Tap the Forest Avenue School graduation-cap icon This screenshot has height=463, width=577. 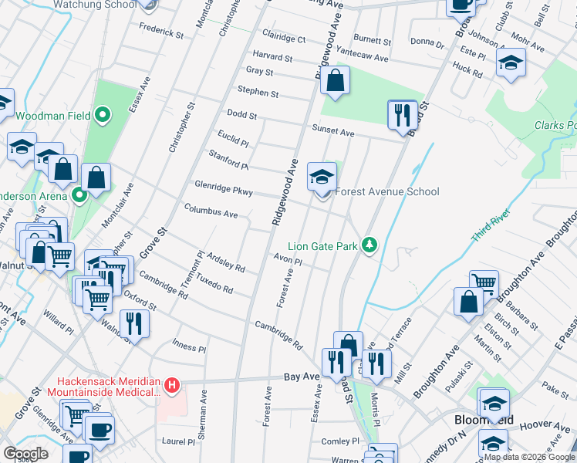(322, 177)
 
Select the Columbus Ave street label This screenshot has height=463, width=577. (211, 211)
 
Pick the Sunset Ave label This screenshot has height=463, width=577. (332, 132)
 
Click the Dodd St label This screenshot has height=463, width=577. (241, 115)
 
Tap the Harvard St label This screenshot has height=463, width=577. (272, 57)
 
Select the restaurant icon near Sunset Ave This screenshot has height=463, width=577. (401, 115)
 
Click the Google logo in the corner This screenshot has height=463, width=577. (25, 454)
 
